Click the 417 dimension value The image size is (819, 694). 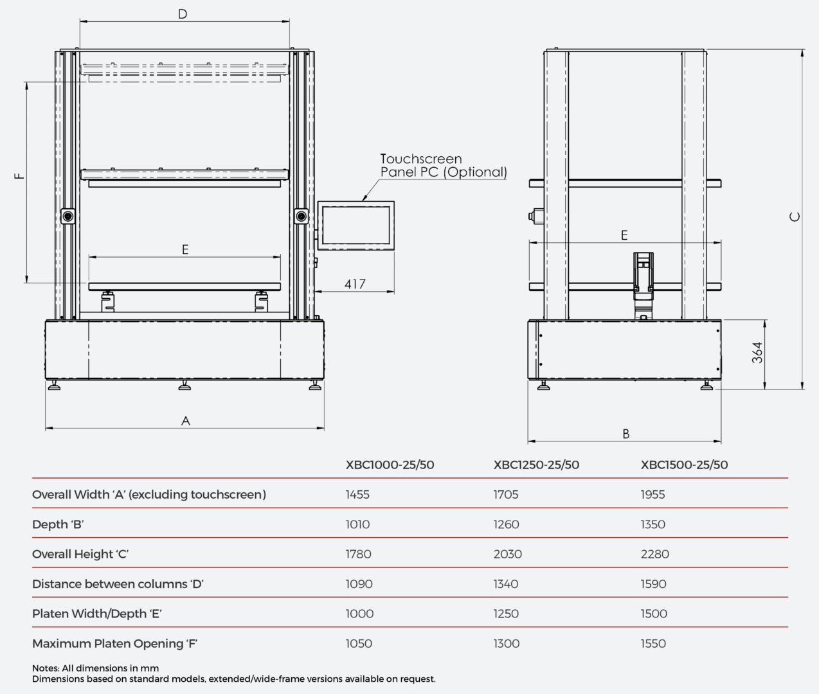[355, 284]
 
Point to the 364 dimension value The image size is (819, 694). [758, 353]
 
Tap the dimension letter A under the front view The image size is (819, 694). [186, 421]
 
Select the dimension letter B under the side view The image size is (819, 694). [625, 434]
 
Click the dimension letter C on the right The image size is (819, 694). [795, 217]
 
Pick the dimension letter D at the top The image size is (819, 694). [183, 14]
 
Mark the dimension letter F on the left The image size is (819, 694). [20, 175]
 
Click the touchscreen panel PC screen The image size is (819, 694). [355, 225]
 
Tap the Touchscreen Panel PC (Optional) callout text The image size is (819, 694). [443, 166]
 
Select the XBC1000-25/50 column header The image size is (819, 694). [390, 465]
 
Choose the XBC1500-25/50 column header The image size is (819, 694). [684, 465]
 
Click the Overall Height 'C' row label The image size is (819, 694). [80, 554]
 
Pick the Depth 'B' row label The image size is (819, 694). [58, 524]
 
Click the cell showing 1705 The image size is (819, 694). [506, 495]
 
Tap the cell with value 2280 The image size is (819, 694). [654, 554]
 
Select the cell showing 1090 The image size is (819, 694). [359, 584]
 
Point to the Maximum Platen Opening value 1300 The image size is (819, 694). [506, 643]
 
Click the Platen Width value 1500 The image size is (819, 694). [654, 614]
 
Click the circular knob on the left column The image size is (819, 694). [68, 216]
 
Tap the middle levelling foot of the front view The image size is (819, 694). [184, 386]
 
